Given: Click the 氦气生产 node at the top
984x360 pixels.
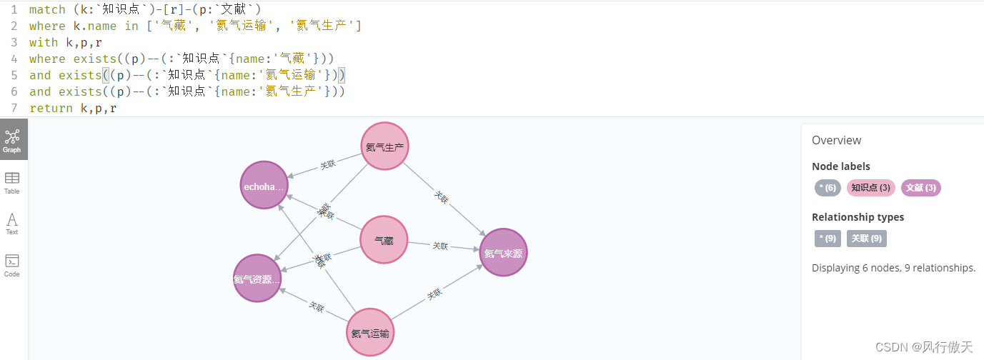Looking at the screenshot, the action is (x=384, y=147).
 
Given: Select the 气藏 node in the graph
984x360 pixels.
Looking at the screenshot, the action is (x=383, y=240).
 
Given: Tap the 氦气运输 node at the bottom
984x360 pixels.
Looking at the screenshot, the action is (x=370, y=332).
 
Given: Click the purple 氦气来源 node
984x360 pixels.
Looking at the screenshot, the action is (x=503, y=252).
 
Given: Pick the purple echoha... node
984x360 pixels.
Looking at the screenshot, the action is (x=264, y=185).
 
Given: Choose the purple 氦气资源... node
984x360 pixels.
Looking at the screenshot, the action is (x=257, y=278).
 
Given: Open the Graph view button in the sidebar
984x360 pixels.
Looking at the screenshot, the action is (x=12, y=140).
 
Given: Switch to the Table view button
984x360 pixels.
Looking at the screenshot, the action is (x=12, y=182).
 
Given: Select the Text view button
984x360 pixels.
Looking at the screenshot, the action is (x=12, y=224).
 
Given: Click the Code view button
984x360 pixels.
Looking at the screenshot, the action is (x=12, y=264).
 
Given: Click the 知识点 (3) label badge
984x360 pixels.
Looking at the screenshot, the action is (x=870, y=188).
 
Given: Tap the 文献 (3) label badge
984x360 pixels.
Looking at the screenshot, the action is (x=920, y=188).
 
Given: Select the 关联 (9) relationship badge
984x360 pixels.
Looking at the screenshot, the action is (x=866, y=239).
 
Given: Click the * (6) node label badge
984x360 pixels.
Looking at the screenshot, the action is (x=828, y=188).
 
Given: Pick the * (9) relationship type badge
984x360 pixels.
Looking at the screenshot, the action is (x=828, y=239).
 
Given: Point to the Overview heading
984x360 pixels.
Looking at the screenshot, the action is (x=836, y=140).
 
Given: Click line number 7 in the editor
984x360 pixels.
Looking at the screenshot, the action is (x=14, y=108).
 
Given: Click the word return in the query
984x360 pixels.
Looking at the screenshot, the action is (x=51, y=108).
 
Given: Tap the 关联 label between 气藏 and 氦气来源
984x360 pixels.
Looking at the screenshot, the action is (x=440, y=246).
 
